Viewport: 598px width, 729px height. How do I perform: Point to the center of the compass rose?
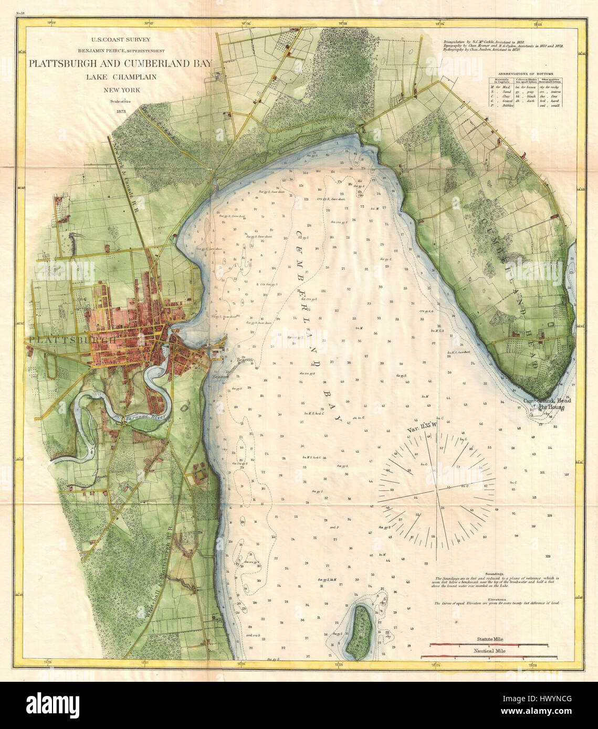[x=437, y=491]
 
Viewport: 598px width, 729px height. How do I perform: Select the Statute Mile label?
[x=489, y=639]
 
